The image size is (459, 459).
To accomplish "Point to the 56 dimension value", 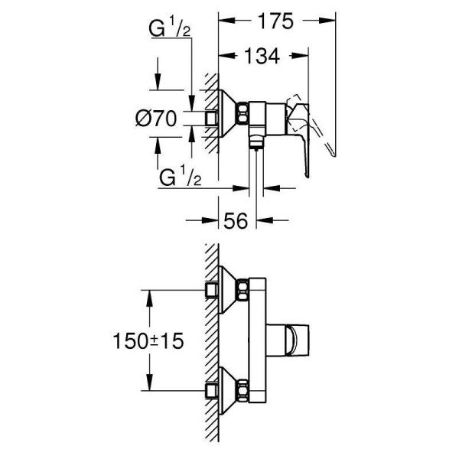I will (236, 220).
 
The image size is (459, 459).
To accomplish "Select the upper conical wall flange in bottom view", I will (226, 290).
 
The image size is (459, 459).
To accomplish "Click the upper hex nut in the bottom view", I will (243, 290).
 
